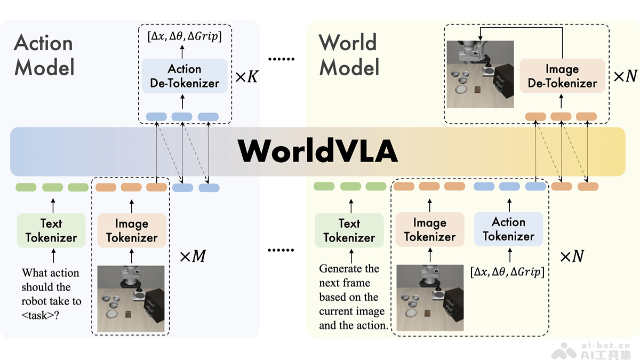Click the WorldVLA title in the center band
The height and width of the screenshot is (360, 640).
[318, 151]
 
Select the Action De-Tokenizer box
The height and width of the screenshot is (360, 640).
[185, 76]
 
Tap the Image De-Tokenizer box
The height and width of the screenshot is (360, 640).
[562, 76]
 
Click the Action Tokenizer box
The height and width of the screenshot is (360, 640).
[508, 229]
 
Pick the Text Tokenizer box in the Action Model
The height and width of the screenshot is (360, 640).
[51, 230]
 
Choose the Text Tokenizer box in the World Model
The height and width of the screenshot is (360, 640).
[349, 230]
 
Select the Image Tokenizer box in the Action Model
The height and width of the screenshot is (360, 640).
[132, 230]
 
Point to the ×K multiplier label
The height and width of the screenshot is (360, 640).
[246, 77]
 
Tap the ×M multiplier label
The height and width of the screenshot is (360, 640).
[192, 257]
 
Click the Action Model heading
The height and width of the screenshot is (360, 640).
[44, 55]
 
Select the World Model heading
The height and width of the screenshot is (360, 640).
[349, 55]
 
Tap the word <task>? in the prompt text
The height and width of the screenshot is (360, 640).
[41, 315]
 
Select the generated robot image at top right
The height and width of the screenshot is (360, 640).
[479, 74]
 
